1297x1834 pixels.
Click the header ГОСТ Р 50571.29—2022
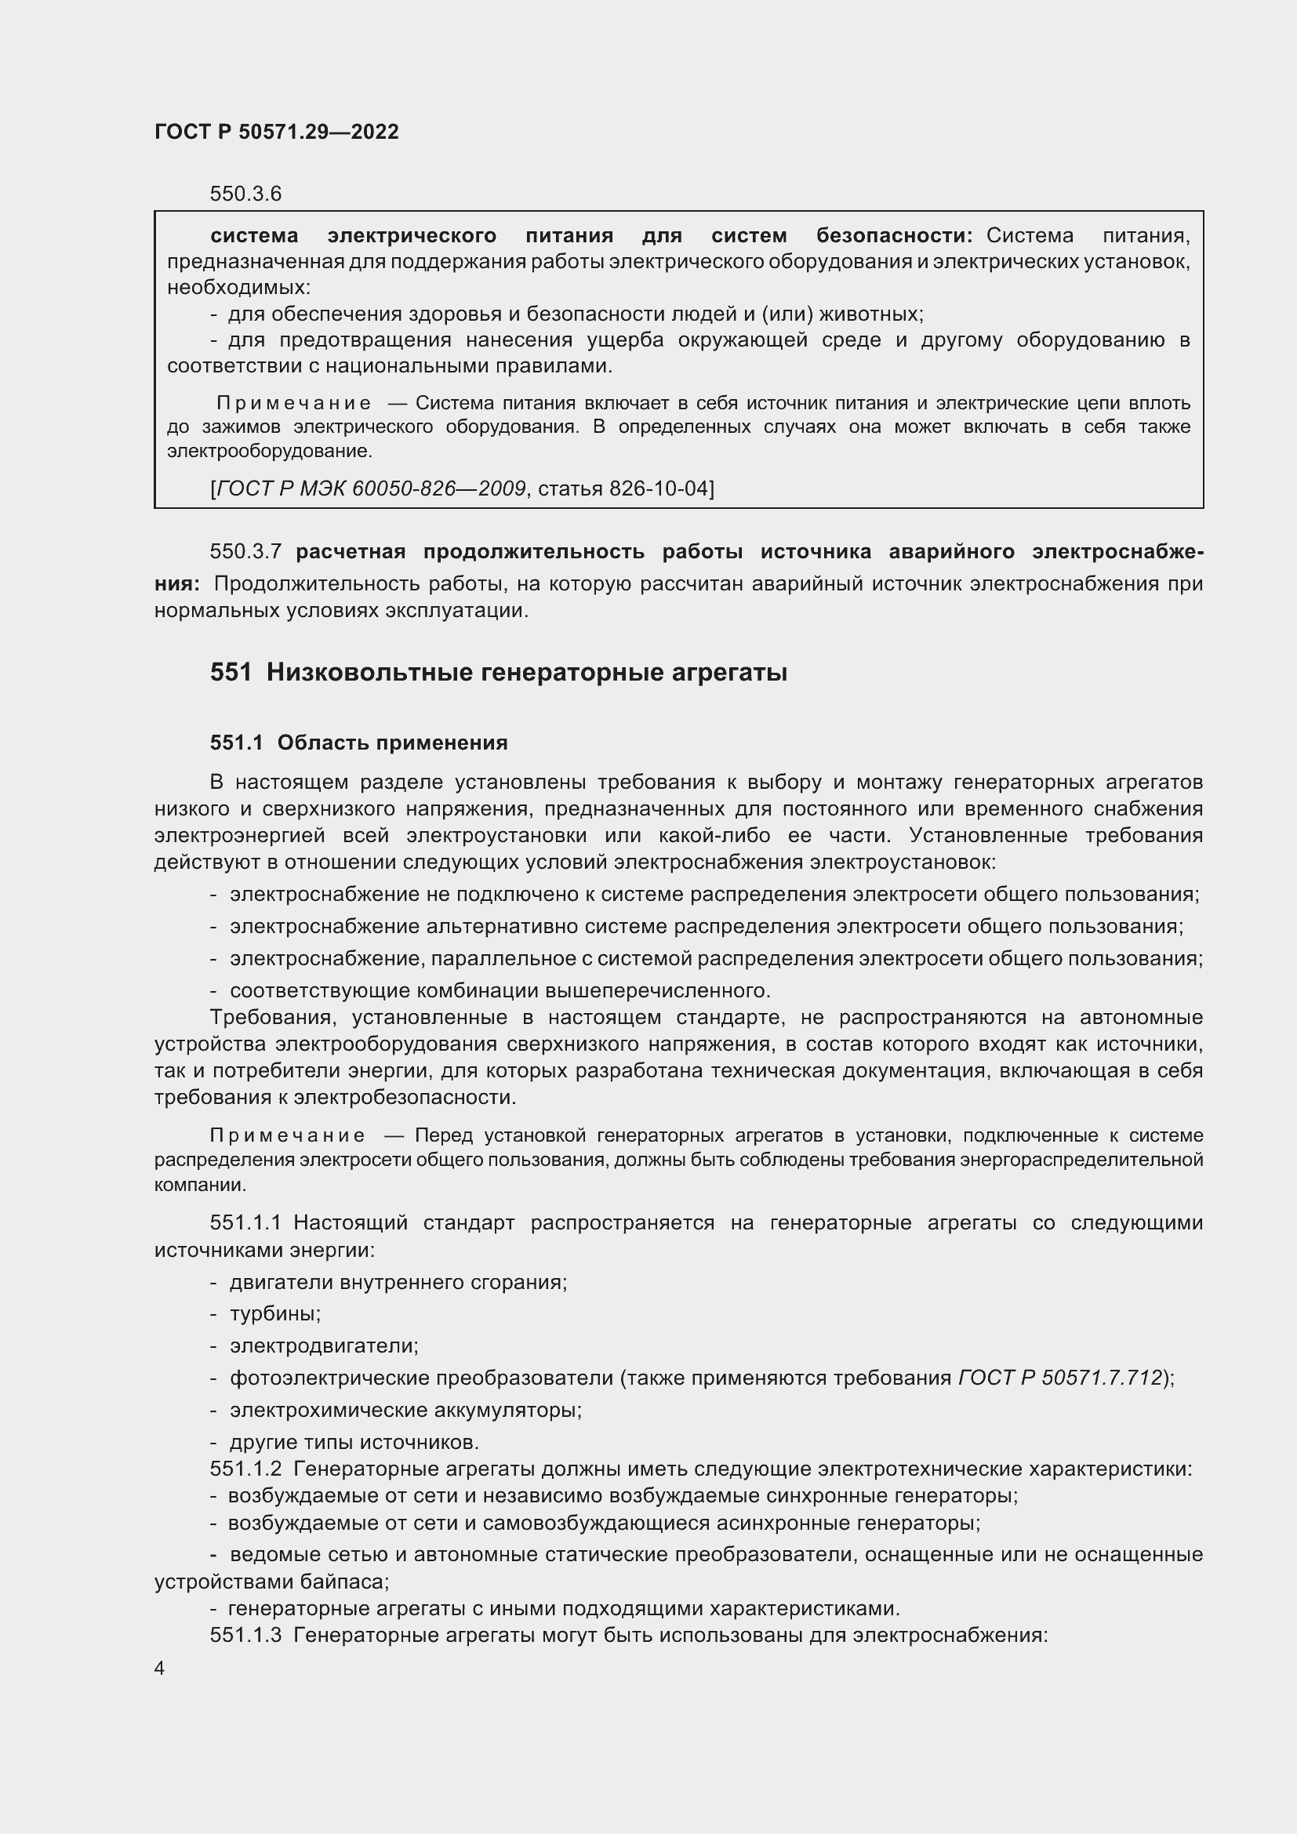coord(276,132)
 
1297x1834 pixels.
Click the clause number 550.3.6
coord(245,194)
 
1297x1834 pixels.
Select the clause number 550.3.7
coord(245,551)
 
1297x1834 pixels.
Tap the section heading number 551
coord(231,673)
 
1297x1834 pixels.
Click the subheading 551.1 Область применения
coord(358,743)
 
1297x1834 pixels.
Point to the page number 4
coord(160,1669)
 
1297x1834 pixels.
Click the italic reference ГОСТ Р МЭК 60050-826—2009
coord(372,488)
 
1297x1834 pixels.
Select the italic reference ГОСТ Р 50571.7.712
coord(1060,1378)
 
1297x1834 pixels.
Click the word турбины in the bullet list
coord(274,1314)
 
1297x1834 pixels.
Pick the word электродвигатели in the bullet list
coord(322,1346)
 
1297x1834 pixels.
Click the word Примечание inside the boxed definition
coord(293,403)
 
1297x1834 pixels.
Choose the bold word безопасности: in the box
coord(894,236)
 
